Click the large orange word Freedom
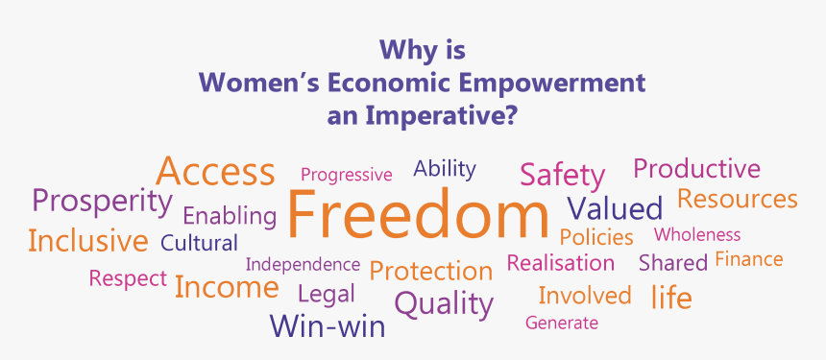[418, 214]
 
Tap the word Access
[215, 171]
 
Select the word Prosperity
[102, 203]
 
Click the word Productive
[697, 168]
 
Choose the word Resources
[738, 199]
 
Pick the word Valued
[615, 208]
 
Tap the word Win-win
[328, 325]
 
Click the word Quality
[444, 304]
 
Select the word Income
[227, 287]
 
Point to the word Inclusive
[88, 241]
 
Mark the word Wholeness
[697, 234]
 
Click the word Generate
[562, 323]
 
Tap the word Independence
[303, 264]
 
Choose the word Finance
[748, 259]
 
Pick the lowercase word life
[671, 297]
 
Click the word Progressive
[346, 175]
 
